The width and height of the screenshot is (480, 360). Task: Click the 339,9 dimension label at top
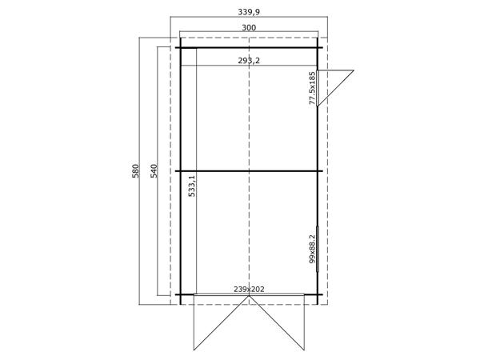click(x=248, y=12)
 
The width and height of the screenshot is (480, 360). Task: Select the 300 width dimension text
click(x=248, y=27)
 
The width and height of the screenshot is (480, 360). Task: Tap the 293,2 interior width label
click(x=248, y=59)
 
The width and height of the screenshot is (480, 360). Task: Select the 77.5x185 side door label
click(x=312, y=88)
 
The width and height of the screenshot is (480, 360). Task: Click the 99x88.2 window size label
click(x=312, y=249)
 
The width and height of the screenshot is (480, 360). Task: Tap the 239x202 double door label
click(x=248, y=289)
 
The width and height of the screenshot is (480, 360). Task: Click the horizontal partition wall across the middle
click(x=249, y=171)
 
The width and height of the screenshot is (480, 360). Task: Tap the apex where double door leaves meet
click(x=249, y=298)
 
